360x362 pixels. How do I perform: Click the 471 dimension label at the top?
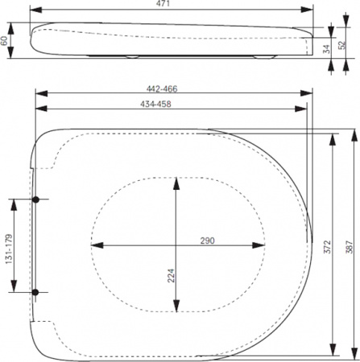pyautogui.click(x=172, y=5)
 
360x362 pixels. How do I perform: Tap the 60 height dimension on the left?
pyautogui.click(x=5, y=39)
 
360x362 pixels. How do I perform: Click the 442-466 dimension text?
pyautogui.click(x=172, y=89)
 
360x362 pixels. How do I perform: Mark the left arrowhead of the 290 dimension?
pyautogui.click(x=93, y=245)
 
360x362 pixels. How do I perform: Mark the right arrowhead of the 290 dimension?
pyautogui.click(x=263, y=245)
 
